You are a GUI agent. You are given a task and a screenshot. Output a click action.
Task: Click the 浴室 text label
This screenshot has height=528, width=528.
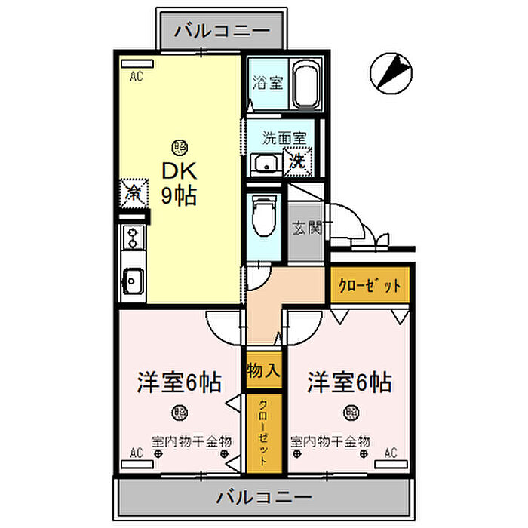click(x=267, y=82)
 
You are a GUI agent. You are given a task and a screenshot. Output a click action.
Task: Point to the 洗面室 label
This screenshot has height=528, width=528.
click(x=284, y=138)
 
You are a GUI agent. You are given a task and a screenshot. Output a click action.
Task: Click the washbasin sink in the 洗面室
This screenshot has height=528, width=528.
click(x=265, y=163)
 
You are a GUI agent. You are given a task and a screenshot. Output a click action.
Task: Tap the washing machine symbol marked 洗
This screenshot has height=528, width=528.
click(x=298, y=161)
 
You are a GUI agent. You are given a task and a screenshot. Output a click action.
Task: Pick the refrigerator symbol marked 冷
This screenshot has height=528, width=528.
click(x=133, y=192)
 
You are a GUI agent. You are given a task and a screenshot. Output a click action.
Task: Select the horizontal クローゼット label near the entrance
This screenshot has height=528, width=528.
click(x=369, y=286)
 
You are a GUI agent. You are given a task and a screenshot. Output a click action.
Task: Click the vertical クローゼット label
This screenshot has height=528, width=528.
click(x=262, y=433)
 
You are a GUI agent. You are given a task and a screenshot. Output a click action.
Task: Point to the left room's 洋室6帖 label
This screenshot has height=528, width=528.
click(x=179, y=383)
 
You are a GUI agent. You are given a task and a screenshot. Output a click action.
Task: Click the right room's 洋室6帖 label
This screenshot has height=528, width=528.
click(x=348, y=383)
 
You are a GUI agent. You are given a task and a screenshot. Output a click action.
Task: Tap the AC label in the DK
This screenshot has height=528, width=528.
click(x=136, y=75)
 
